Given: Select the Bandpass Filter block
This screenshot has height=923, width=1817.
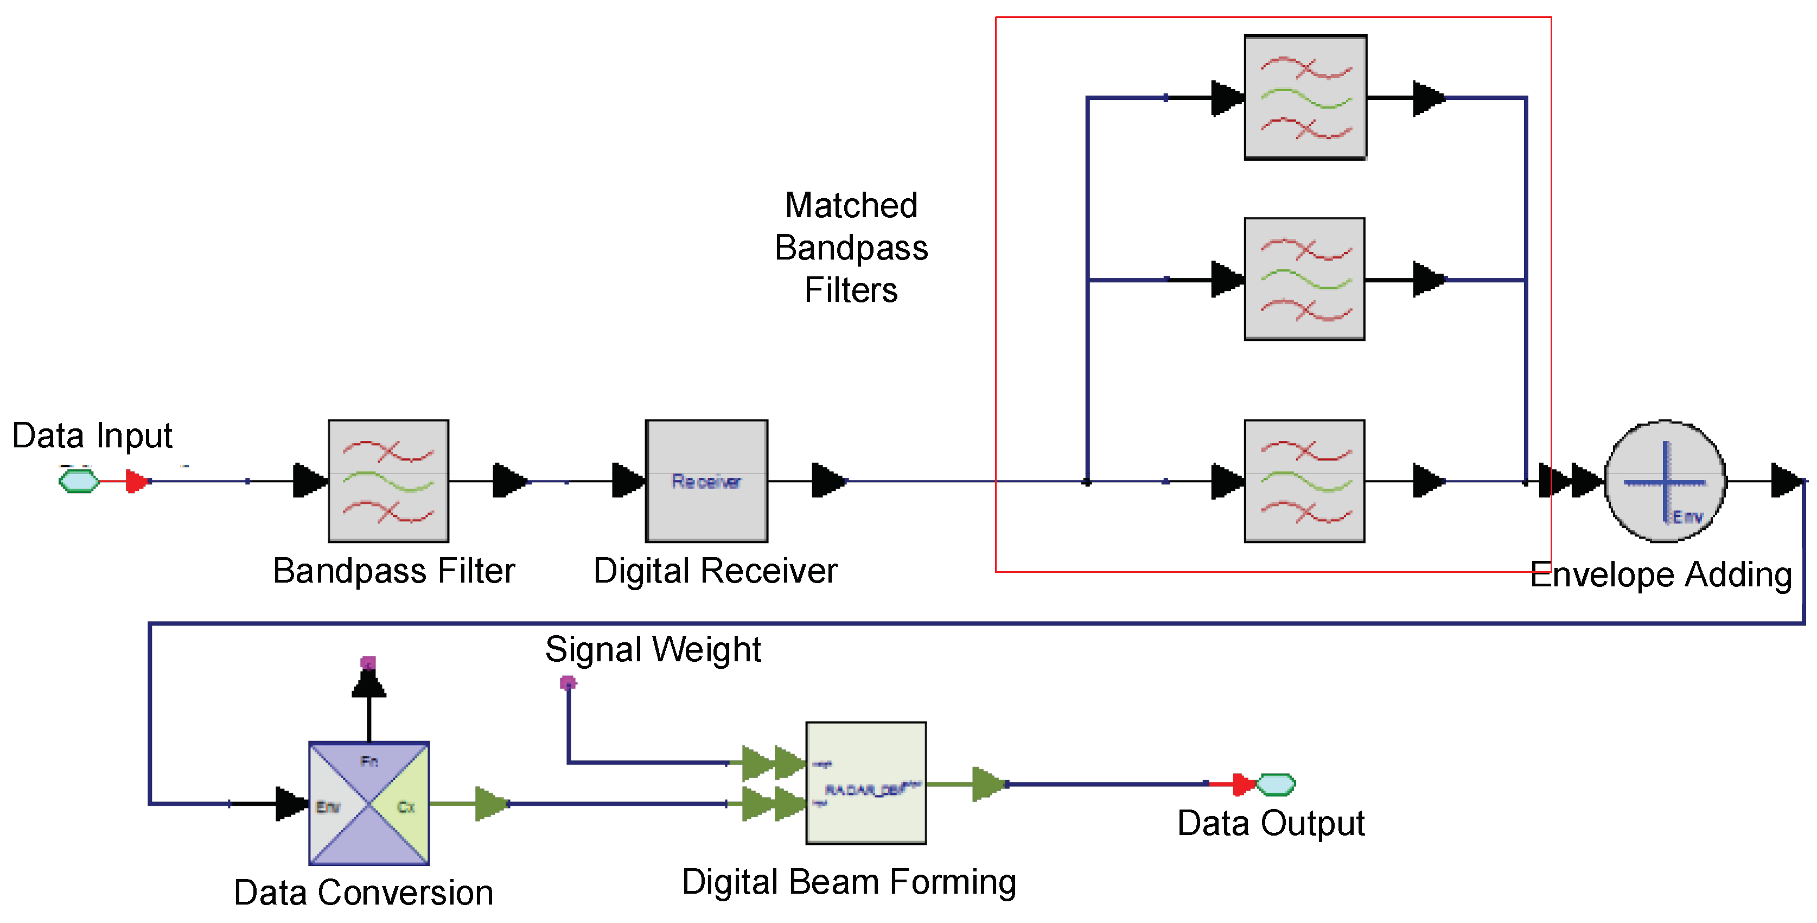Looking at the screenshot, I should [388, 481].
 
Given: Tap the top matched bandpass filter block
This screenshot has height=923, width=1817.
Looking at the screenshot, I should [1305, 97].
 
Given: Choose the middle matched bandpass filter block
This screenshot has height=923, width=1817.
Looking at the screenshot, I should [1305, 280].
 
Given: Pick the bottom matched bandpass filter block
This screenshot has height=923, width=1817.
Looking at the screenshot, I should [1305, 481].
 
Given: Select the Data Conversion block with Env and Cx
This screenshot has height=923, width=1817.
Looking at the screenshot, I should [369, 803].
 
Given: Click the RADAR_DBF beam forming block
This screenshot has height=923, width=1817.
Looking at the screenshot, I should [866, 783].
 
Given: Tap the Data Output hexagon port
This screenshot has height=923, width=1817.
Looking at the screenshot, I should [1276, 784].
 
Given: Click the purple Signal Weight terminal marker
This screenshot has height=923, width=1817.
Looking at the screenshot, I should [568, 682].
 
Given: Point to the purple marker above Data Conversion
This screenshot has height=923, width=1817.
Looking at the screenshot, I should [368, 662].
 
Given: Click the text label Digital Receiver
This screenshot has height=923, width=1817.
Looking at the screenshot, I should [715, 570].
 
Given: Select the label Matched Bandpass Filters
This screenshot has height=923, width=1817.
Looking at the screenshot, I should [851, 248].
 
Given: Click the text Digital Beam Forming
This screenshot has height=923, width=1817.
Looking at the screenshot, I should [849, 882].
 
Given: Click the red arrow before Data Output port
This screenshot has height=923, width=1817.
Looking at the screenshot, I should [1243, 784].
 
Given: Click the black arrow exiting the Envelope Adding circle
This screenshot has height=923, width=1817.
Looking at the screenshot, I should [1787, 481].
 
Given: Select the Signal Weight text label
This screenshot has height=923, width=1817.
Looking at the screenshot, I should [653, 649].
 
